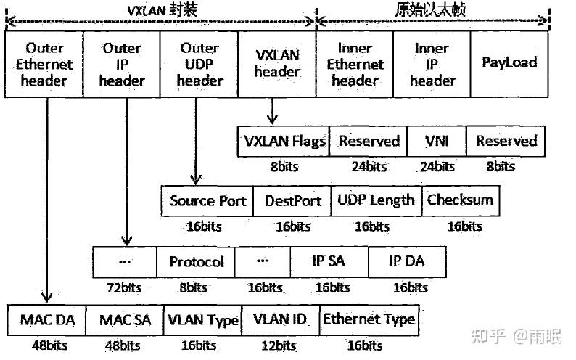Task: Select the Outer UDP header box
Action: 199,64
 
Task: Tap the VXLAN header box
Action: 277,64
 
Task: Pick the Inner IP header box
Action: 432,64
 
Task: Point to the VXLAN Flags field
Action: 283,141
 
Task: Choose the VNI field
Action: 437,141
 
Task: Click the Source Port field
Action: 208,200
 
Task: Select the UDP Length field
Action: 376,200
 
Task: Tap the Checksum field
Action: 460,200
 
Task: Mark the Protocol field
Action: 196,261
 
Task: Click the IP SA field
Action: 329,261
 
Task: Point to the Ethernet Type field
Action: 369,320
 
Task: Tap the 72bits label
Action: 125,287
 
